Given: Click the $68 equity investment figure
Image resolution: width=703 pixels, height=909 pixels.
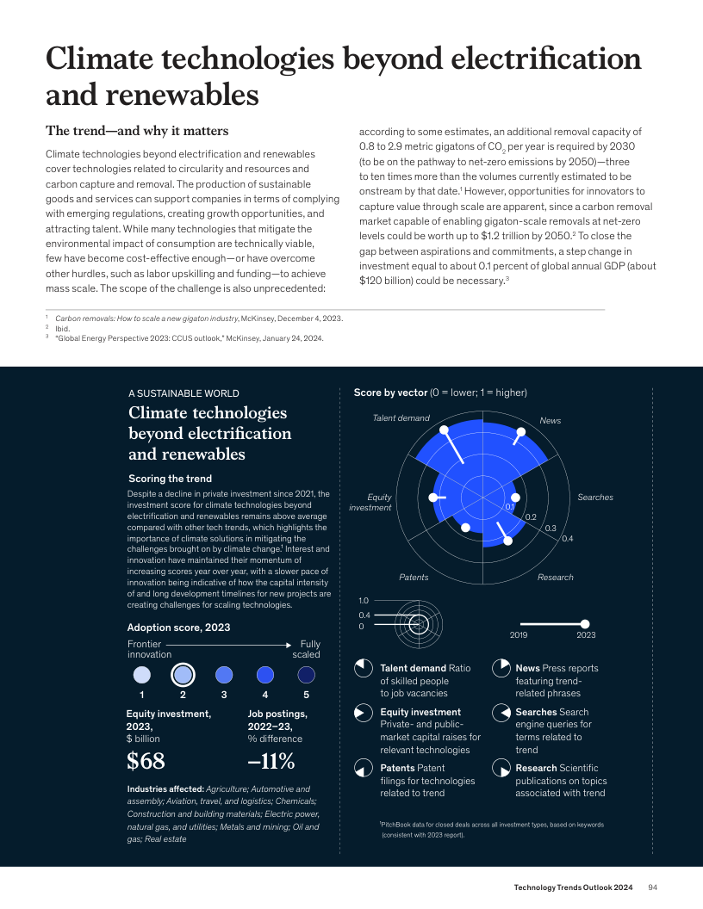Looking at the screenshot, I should coord(146,761).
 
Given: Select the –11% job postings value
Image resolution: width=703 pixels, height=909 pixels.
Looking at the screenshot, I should coord(271,761).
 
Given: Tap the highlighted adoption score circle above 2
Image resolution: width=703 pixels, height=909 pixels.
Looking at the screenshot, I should coord(183,674).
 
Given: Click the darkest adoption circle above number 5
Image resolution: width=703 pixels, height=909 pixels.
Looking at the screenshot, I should coord(306,674).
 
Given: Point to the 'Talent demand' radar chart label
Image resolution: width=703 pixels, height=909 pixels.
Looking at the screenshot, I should coord(401,418).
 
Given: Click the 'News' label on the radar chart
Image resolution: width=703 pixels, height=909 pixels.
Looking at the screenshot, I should coord(550,420).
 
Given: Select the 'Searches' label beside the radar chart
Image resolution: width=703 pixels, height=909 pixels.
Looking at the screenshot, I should coord(594,498).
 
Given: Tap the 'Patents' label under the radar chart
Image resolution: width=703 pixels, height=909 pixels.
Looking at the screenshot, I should coord(414,577).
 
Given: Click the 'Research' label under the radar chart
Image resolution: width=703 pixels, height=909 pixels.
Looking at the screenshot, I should coord(555,577).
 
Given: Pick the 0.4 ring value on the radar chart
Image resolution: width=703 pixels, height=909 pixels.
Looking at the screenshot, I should coord(567,539).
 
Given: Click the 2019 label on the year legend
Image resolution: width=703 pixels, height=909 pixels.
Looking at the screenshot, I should coord(519,634).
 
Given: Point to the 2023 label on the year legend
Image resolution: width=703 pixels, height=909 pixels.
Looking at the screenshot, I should coord(586,634).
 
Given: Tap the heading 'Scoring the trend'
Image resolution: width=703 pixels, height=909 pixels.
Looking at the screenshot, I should coord(170,479).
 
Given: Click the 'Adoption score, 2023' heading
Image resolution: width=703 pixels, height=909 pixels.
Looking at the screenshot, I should coord(178,628).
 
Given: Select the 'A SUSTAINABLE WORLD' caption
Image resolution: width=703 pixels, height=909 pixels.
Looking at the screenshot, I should coord(184,393).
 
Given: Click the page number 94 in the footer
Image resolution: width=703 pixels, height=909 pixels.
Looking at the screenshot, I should coord(653,887).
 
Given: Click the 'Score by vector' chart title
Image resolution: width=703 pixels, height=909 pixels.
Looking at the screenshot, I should coord(390,393).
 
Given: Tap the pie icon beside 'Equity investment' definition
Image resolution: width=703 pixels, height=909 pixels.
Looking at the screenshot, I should coord(363,713).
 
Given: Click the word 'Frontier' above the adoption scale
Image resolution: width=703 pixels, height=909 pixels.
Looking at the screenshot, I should coord(144,644).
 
